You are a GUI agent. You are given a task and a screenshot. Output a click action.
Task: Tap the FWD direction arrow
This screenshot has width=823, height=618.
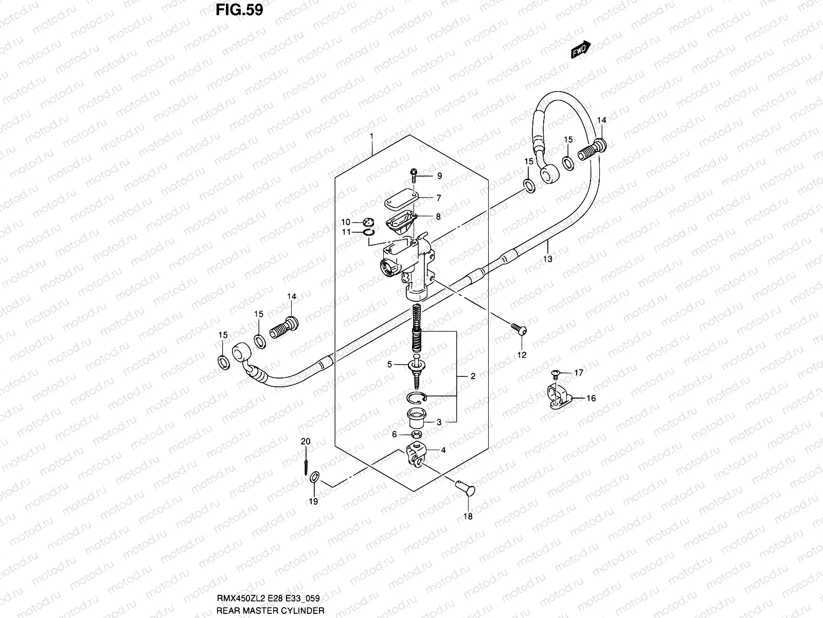pyautogui.click(x=581, y=50)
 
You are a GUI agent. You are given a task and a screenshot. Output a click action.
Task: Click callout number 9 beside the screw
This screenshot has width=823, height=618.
pyautogui.click(x=439, y=176)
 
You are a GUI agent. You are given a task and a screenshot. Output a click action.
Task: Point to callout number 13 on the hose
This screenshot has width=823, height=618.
pyautogui.click(x=548, y=259)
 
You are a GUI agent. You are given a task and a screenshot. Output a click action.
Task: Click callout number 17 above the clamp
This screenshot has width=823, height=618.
pyautogui.click(x=579, y=373)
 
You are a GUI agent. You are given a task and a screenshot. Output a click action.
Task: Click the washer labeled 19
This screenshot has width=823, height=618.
pyautogui.click(x=315, y=478)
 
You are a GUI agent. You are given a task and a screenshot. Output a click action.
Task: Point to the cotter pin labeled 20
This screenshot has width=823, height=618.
pyautogui.click(x=306, y=461)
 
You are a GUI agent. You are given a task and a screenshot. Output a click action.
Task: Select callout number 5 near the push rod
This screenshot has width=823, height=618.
pyautogui.click(x=389, y=365)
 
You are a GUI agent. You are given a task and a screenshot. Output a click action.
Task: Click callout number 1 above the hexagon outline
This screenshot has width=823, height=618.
pyautogui.click(x=371, y=136)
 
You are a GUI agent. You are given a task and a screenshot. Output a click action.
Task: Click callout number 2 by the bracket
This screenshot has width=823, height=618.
pyautogui.click(x=473, y=376)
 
